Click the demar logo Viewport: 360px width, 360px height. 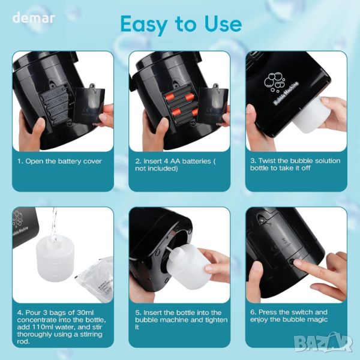(x=34, y=18)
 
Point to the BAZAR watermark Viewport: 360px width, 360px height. (x=323, y=343)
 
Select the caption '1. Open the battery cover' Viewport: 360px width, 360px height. (x=59, y=161)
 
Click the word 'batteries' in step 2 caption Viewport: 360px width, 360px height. (x=196, y=161)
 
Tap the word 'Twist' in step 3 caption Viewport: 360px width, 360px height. (x=268, y=161)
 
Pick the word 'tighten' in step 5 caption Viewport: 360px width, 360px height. (x=216, y=320)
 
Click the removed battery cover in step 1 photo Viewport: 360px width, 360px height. (x=89, y=104)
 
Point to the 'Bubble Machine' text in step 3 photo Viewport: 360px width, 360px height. (x=286, y=93)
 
